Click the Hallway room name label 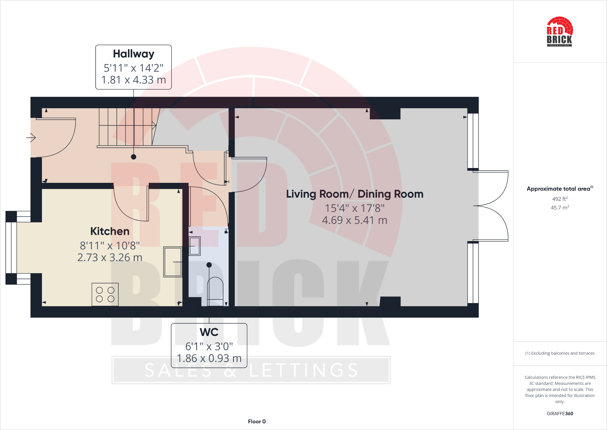pos(133,54)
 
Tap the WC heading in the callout pos(209,332)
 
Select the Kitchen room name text pos(110,231)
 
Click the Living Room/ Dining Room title pos(355,194)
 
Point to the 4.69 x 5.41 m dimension pos(355,220)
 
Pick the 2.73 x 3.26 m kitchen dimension pos(110,257)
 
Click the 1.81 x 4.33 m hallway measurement pos(133,80)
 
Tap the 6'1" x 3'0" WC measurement pos(209,346)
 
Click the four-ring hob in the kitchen pos(105,294)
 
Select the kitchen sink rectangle pos(173,262)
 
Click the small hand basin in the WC pos(194,246)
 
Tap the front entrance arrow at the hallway pos(31,138)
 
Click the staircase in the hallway pos(127,127)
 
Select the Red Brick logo pos(560,32)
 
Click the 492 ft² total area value pos(560,199)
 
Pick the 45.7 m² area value pos(560,208)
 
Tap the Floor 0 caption pos(257,422)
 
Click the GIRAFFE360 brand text pos(560,414)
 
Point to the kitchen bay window pos(11,248)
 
